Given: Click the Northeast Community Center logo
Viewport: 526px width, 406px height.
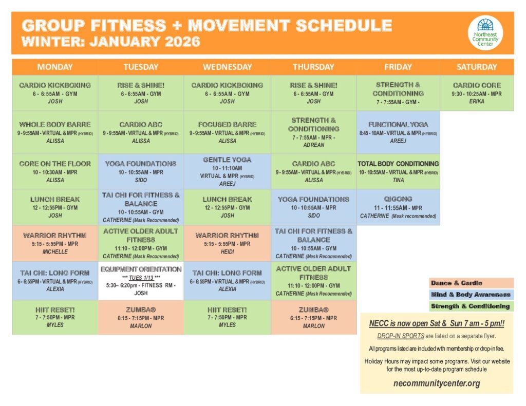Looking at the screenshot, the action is pyautogui.click(x=485, y=33).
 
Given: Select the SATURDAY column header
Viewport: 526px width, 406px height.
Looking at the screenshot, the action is pyautogui.click(x=477, y=67).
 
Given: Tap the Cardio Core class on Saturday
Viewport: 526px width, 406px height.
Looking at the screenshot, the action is pyautogui.click(x=477, y=93).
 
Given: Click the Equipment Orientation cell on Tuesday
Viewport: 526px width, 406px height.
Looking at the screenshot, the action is pyautogui.click(x=141, y=281).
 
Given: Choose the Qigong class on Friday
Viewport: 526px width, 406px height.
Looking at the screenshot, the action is pyautogui.click(x=398, y=207).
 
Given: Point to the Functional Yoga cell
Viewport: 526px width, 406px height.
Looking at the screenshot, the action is pyautogui.click(x=398, y=132).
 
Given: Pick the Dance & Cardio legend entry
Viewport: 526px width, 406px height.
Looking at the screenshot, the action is pyautogui.click(x=472, y=283).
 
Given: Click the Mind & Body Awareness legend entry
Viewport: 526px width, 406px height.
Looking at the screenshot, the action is pyautogui.click(x=472, y=295).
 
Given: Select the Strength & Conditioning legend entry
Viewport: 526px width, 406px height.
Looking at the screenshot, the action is pyautogui.click(x=472, y=306).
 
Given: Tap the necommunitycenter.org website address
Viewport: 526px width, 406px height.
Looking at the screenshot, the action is pyautogui.click(x=437, y=383).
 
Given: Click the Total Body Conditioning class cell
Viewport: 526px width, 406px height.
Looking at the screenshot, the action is pyautogui.click(x=398, y=171).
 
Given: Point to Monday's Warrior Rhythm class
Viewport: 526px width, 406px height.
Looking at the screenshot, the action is pyautogui.click(x=55, y=243).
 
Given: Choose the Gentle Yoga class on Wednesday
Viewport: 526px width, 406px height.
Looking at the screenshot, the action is pyautogui.click(x=227, y=171).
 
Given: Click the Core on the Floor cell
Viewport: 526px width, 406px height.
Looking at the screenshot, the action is pyautogui.click(x=55, y=171).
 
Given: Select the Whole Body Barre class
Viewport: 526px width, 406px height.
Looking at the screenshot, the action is pyautogui.click(x=55, y=132).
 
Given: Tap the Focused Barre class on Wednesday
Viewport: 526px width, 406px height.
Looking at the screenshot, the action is pyautogui.click(x=227, y=132).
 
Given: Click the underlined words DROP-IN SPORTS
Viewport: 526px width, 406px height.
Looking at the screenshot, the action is pyautogui.click(x=401, y=336).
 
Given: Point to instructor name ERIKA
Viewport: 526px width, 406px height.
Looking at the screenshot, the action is pyautogui.click(x=477, y=101).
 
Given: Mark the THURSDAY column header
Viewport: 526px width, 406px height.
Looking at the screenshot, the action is pyautogui.click(x=313, y=67).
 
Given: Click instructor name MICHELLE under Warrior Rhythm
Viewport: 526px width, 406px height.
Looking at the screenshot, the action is pyautogui.click(x=55, y=252).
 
